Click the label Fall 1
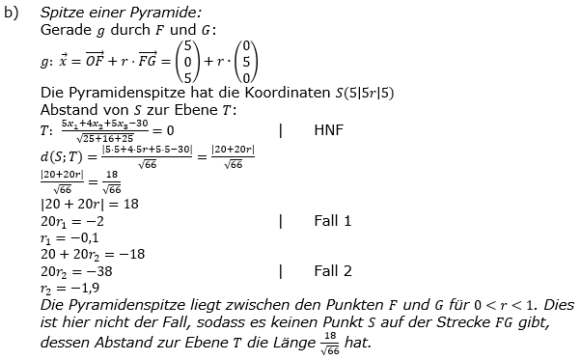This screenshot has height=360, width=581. pos(333,220)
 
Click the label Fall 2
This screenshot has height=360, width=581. pos(333,271)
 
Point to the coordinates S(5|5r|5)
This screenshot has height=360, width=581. pos(358,94)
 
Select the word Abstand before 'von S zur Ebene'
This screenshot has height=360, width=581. pos(70,109)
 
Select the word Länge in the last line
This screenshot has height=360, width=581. pos(282,343)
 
